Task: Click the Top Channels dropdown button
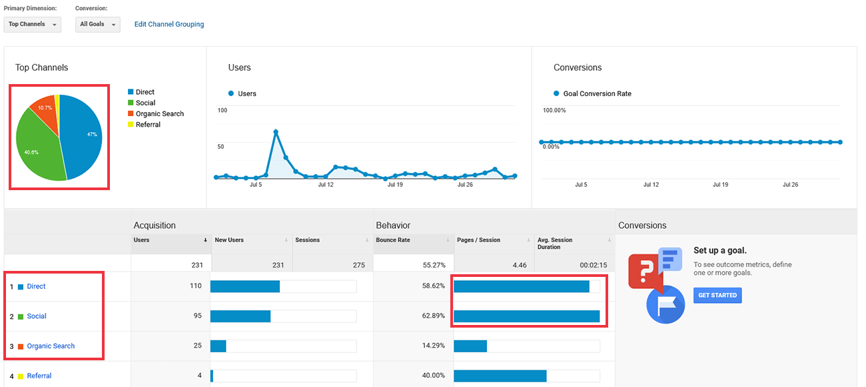(33, 25)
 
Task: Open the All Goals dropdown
(97, 25)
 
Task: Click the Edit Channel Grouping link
(169, 24)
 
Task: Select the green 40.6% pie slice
(37, 149)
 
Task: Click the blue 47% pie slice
(83, 135)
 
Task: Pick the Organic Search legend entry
(156, 113)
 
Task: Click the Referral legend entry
(144, 124)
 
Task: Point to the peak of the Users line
(276, 131)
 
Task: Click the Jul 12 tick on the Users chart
(326, 185)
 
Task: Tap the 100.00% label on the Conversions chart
(554, 110)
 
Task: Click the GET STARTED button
(717, 295)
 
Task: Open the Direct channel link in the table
(36, 286)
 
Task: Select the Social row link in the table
(37, 316)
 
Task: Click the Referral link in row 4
(39, 376)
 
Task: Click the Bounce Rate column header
(393, 240)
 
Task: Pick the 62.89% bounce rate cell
(434, 316)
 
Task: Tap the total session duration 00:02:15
(593, 265)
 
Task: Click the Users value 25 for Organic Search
(198, 345)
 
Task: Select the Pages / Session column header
(478, 240)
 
